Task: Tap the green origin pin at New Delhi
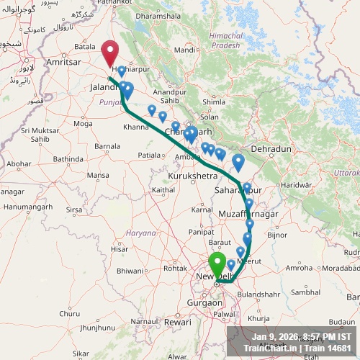[x=216, y=264]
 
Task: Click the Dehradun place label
[x=270, y=148]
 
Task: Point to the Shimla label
[x=214, y=102]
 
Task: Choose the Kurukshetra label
[x=192, y=176]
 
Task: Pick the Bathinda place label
[x=68, y=158]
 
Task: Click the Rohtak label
[x=176, y=269]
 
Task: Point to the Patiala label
[x=150, y=155]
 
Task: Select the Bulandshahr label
[x=257, y=294]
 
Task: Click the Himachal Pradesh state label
[x=223, y=40]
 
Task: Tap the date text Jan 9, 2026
[x=277, y=336]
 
